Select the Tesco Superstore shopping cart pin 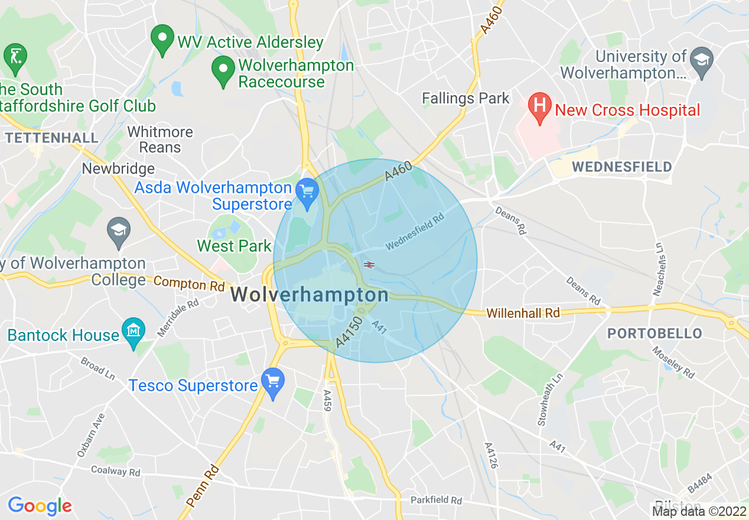coord(273,382)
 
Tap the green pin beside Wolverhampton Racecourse coord(223,70)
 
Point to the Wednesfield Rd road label coord(415,231)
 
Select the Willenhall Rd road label coord(523,313)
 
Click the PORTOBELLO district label coord(654,333)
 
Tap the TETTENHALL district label coord(51,138)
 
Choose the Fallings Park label coord(465,98)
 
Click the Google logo coord(40,506)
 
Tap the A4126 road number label coord(490,455)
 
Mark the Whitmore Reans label coord(160,139)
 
